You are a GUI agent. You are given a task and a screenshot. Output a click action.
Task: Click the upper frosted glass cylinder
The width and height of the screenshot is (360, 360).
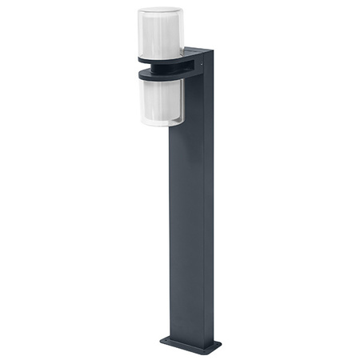click(160, 34)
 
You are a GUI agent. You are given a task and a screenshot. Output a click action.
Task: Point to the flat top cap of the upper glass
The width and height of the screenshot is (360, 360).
click(160, 10)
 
